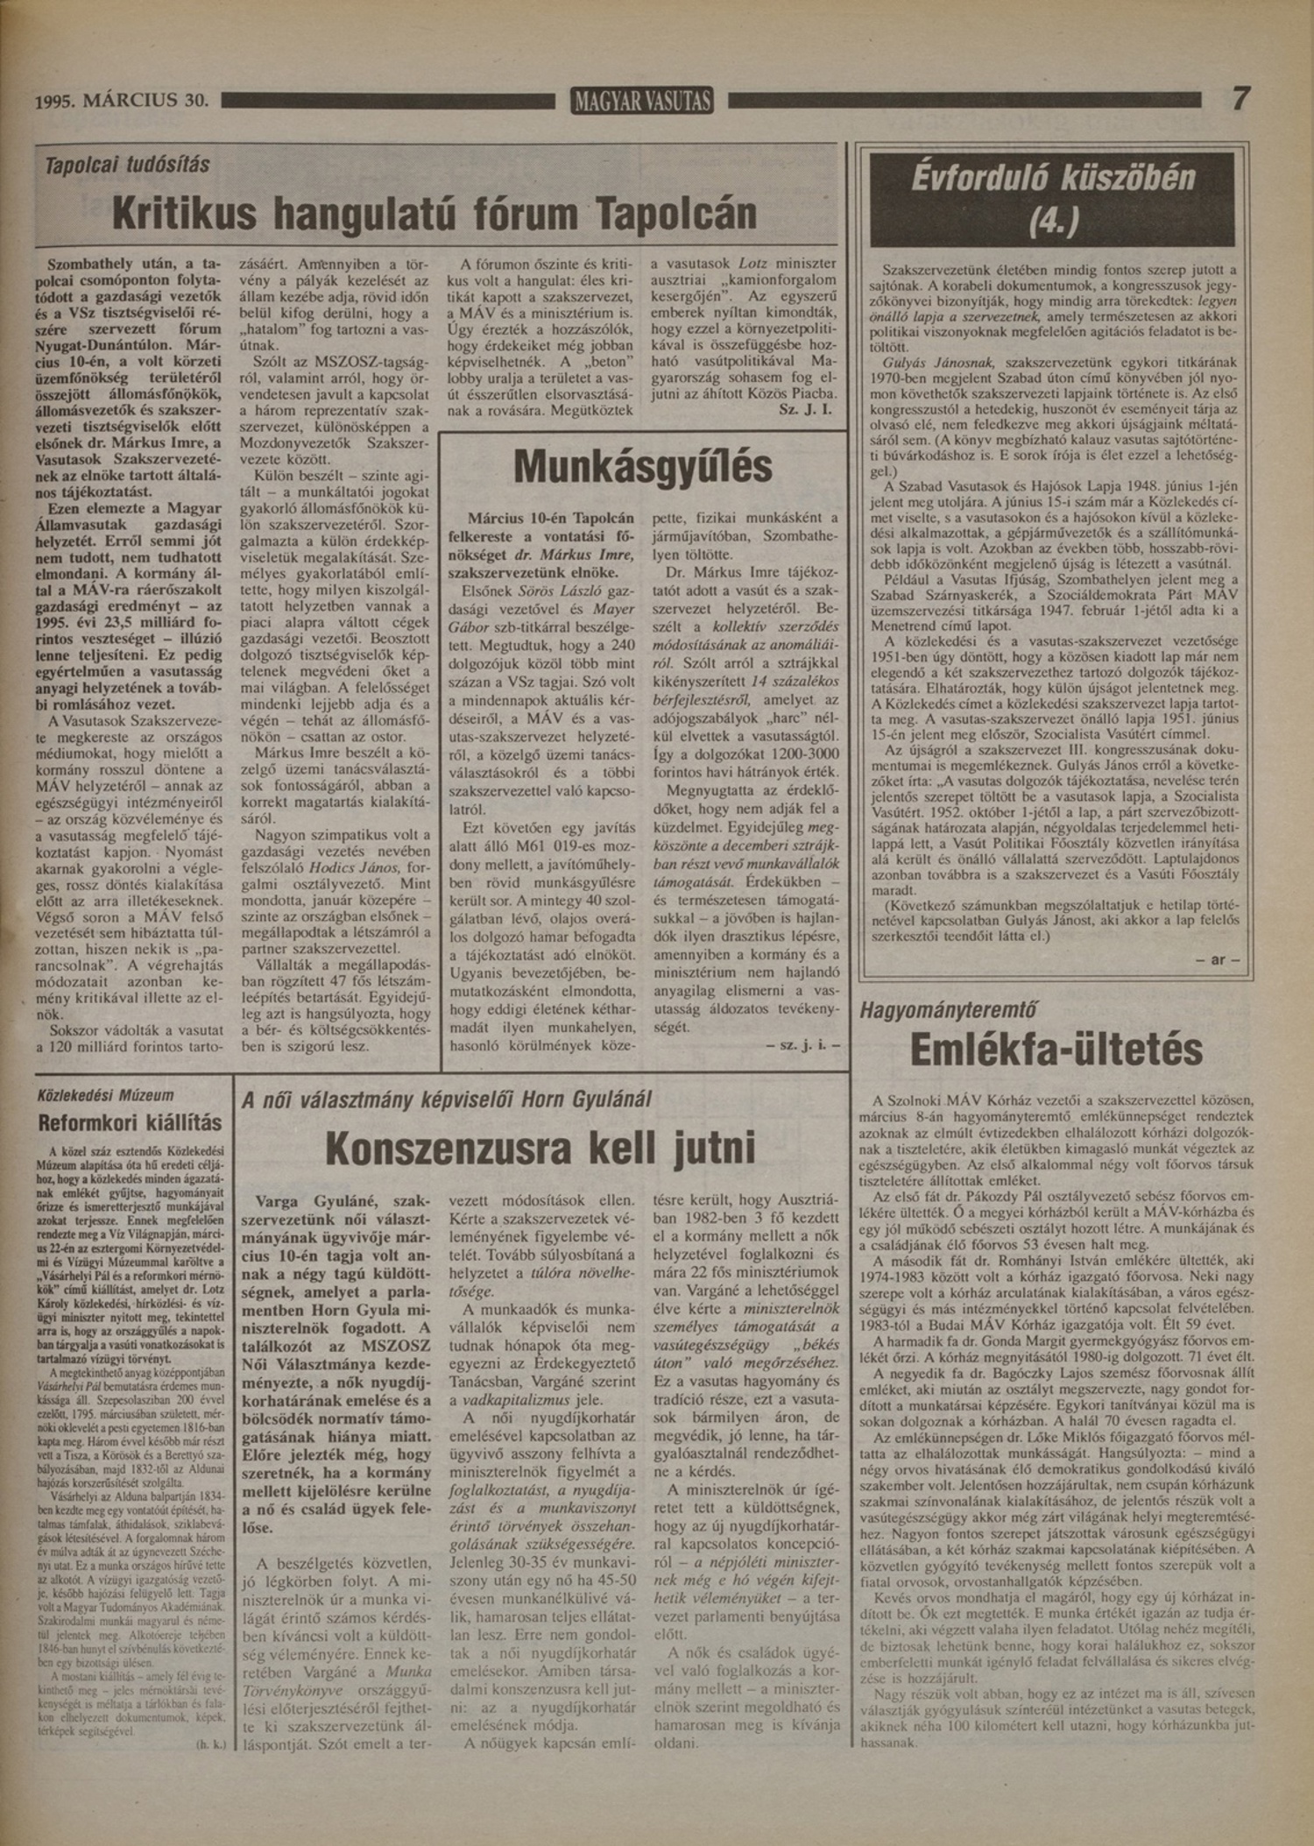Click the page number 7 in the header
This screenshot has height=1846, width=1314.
click(x=1240, y=98)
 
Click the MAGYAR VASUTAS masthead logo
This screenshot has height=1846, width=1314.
click(x=641, y=102)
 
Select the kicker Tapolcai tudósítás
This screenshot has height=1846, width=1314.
click(x=128, y=164)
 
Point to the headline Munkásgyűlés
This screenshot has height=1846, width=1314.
click(x=643, y=467)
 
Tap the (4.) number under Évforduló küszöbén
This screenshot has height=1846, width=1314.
click(x=1052, y=223)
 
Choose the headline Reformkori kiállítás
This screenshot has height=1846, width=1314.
click(x=130, y=1122)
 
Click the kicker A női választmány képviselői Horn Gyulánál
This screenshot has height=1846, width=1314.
click(x=447, y=1100)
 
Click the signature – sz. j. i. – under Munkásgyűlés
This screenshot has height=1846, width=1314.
click(x=802, y=1044)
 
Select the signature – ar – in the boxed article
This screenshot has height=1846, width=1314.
click(x=1218, y=959)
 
